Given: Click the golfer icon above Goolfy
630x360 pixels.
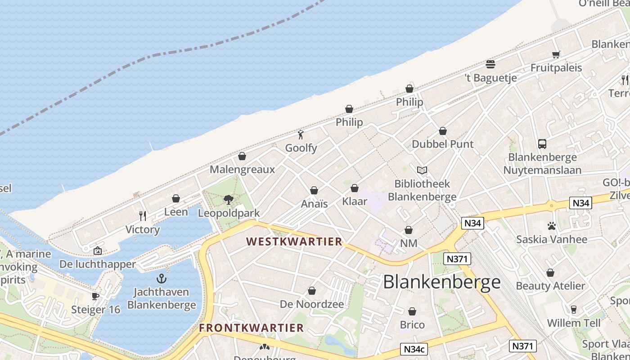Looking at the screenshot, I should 301,134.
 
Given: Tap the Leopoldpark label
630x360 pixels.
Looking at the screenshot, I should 229,213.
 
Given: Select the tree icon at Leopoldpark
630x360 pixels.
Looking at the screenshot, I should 229,199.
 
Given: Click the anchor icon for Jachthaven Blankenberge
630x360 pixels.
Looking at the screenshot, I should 161,279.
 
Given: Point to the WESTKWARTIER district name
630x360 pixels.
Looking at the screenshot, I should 294,242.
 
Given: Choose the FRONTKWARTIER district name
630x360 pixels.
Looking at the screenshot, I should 252,328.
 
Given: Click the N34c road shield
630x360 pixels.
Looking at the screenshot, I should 414,349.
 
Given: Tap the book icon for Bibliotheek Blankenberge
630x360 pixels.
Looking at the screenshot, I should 422,171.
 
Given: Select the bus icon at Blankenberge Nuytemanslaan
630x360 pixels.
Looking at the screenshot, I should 542,144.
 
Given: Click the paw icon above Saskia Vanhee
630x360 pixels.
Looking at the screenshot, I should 552,226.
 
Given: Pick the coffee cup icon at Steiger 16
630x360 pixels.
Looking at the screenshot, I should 95,296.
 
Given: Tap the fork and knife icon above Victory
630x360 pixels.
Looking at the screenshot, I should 143,216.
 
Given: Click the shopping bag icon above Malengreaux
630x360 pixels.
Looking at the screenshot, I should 242,156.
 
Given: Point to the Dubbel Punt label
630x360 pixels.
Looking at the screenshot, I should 443,144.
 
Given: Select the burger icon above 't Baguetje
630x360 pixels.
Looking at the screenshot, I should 490,64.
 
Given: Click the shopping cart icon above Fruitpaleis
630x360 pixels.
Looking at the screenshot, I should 556,55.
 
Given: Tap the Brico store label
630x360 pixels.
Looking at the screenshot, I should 412,324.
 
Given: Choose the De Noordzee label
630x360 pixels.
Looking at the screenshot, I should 312,304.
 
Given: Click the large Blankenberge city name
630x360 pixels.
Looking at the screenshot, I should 441,282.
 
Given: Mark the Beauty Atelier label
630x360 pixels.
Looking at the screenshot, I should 550,286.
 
